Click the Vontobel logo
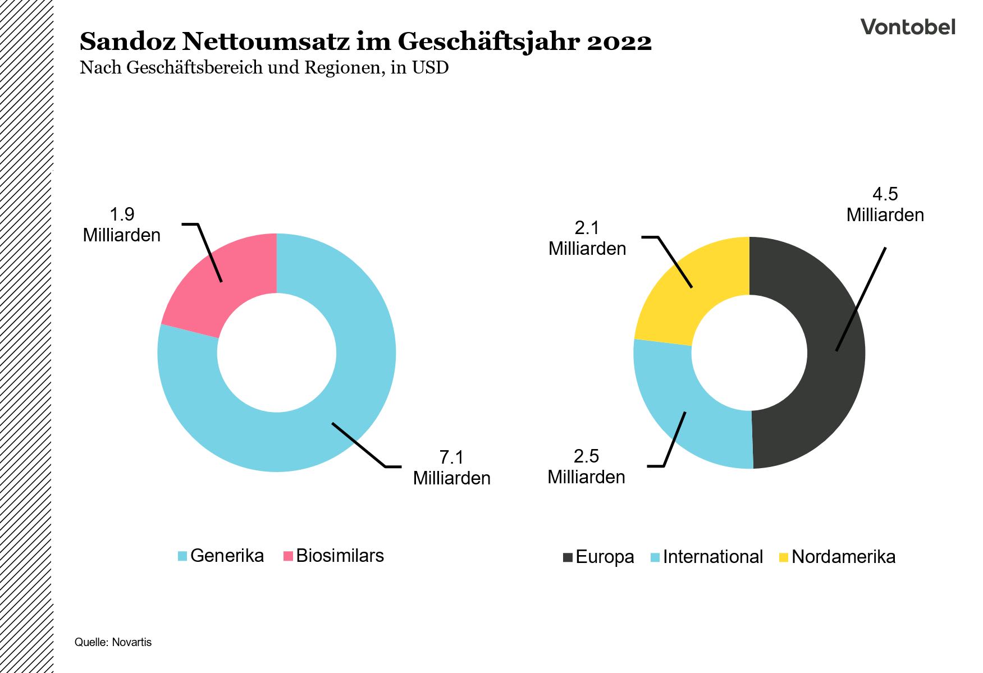pos(907,27)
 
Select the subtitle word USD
pos(430,68)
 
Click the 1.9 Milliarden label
pos(122,225)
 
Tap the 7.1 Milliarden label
pos(451,468)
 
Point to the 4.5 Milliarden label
pos(885,205)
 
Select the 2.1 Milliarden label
pos(587,238)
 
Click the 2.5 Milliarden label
pos(586,466)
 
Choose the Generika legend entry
pos(221,556)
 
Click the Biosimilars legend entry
pos(333,556)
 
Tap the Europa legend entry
pos(598,557)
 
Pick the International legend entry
pos(706,557)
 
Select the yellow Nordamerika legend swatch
pos(784,557)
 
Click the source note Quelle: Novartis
pos(113,642)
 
